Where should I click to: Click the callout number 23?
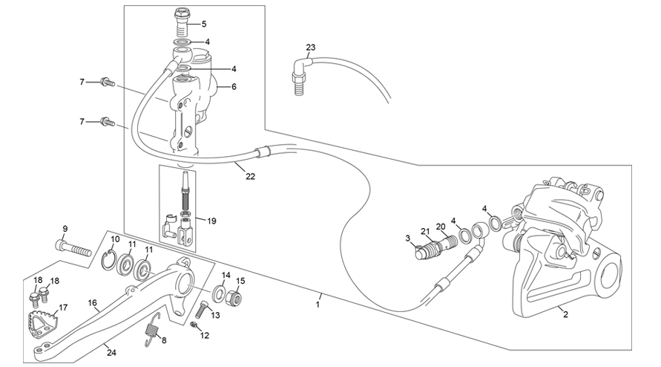click(x=310, y=48)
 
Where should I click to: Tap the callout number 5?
click(x=204, y=24)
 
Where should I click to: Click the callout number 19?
click(x=211, y=221)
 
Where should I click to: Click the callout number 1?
click(x=318, y=304)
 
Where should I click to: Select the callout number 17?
click(x=63, y=308)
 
